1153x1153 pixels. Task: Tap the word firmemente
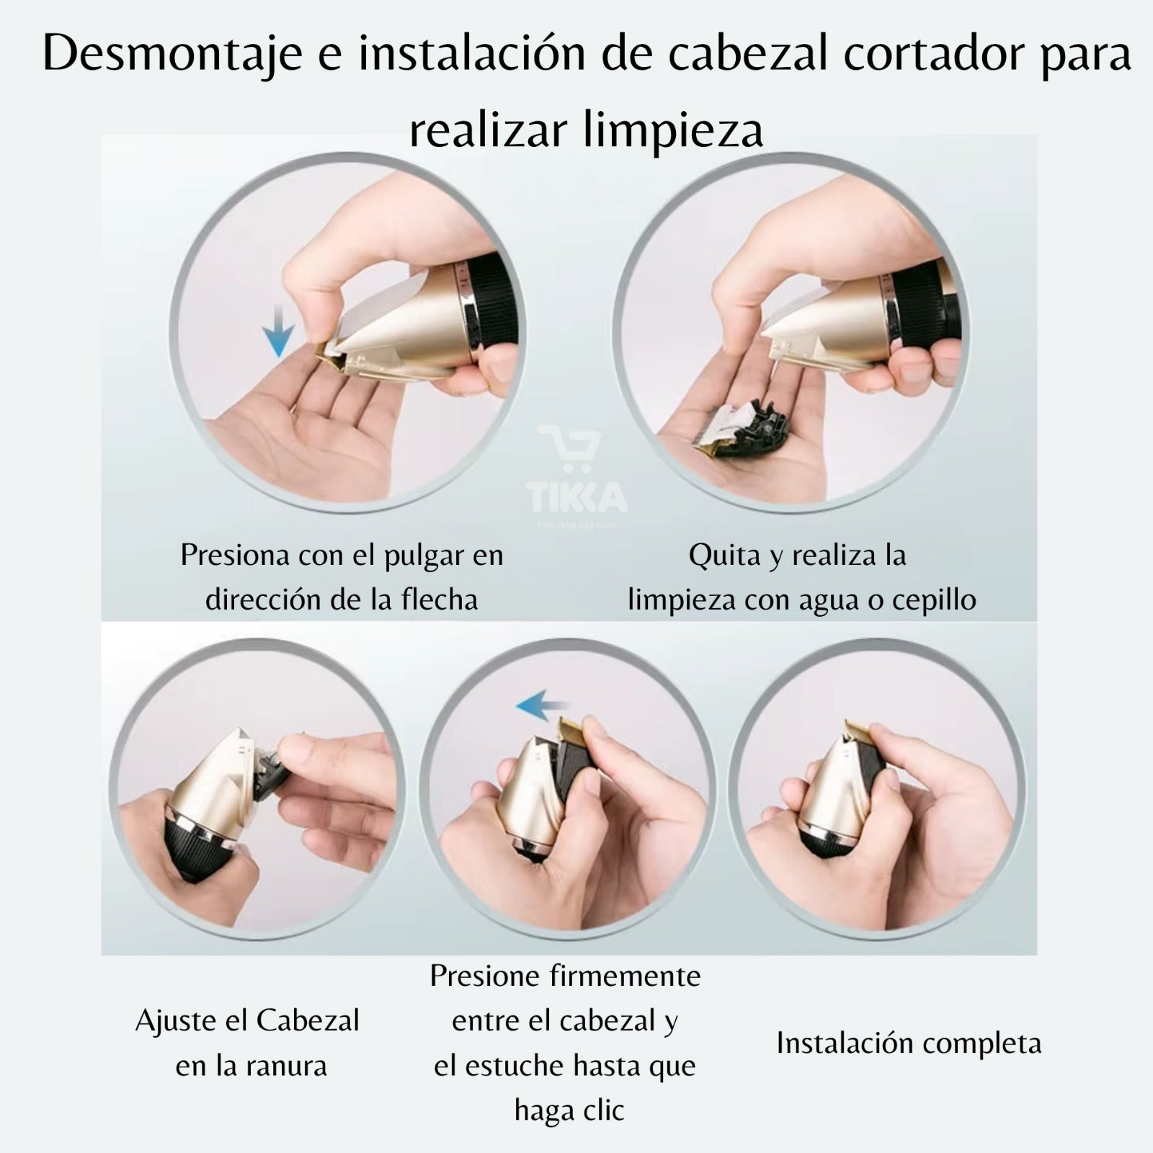coord(625,976)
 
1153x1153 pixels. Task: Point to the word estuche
coord(512,1067)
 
